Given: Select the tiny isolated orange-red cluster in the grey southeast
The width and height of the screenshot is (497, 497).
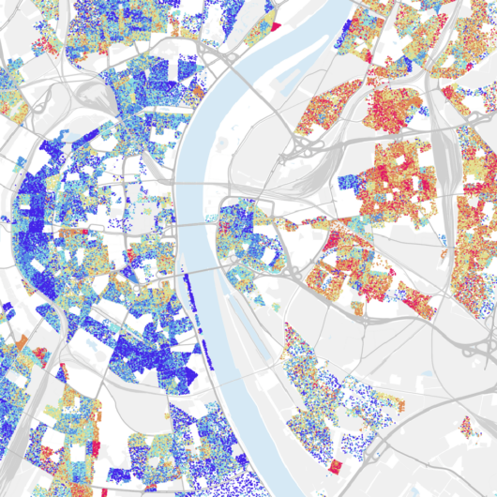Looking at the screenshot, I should [466, 427].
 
